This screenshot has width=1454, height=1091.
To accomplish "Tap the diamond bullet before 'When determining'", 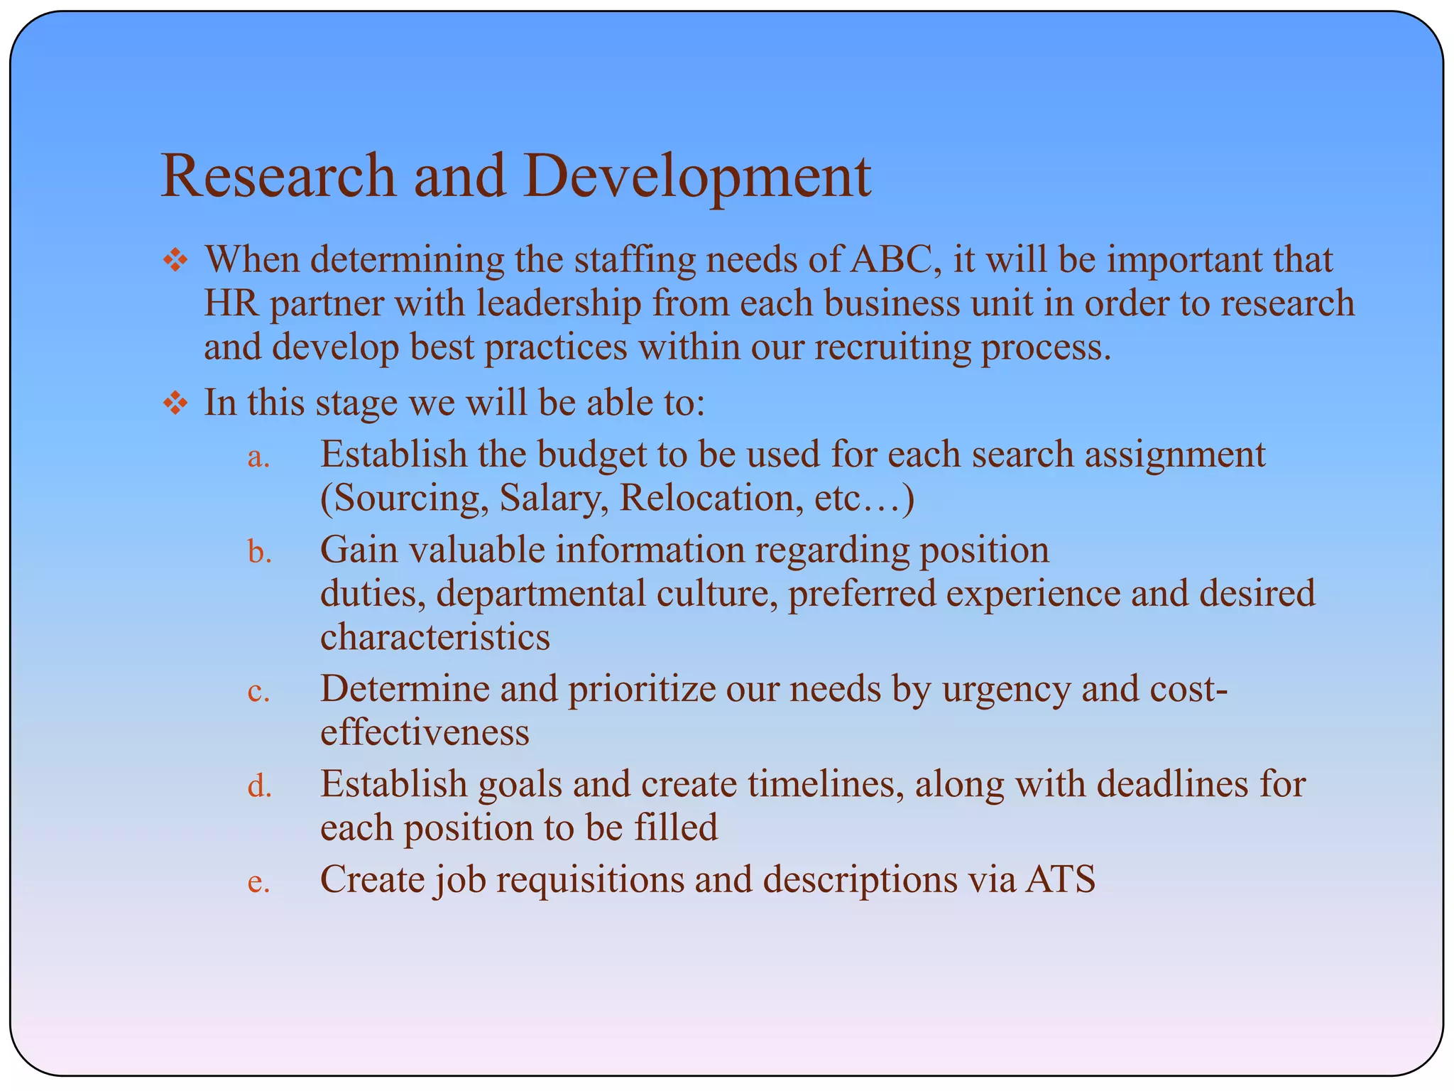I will [x=175, y=261].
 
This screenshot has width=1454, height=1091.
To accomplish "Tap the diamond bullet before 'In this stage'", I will [x=175, y=404].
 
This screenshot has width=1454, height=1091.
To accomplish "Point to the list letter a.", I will [x=258, y=457].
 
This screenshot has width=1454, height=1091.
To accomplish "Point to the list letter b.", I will [x=260, y=552].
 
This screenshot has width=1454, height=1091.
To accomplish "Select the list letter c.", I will [x=258, y=692].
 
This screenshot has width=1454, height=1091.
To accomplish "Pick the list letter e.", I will [x=258, y=882].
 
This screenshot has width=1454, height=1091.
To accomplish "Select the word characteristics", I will [x=434, y=637].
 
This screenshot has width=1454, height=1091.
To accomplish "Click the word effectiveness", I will [x=424, y=733].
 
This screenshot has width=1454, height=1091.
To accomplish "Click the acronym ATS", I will [x=1060, y=880].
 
